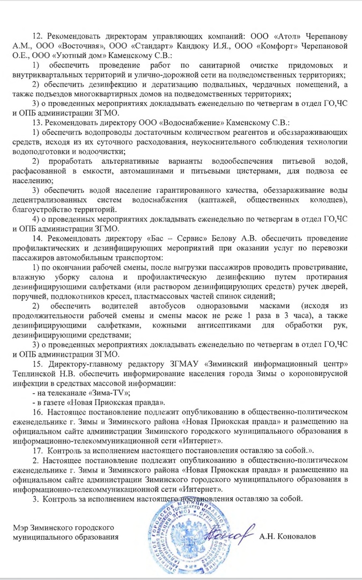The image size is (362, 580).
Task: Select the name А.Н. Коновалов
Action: (x=288, y=536)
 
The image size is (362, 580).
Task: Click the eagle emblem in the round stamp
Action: (x=179, y=542)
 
